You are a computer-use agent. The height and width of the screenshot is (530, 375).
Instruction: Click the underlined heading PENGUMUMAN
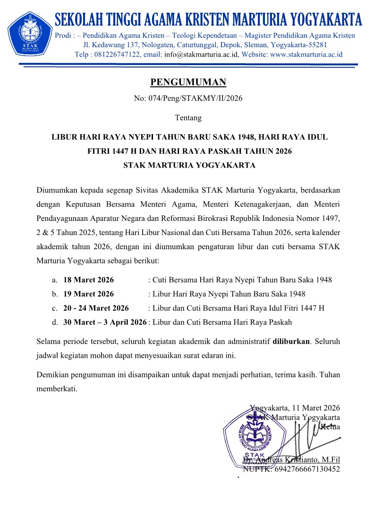tap(188, 83)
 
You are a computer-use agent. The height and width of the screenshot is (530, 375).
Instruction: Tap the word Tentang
tap(188, 118)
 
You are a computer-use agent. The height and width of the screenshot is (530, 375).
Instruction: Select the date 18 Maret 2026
tap(88, 280)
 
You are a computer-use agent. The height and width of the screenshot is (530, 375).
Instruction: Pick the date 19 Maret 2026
tap(88, 294)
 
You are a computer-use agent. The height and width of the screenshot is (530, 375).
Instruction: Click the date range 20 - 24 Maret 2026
tap(96, 308)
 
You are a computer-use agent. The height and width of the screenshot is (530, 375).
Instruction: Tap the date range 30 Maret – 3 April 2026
tap(105, 322)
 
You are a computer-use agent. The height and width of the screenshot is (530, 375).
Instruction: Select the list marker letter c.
tap(54, 308)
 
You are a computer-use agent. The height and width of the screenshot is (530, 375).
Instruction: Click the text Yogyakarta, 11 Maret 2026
tap(295, 408)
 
